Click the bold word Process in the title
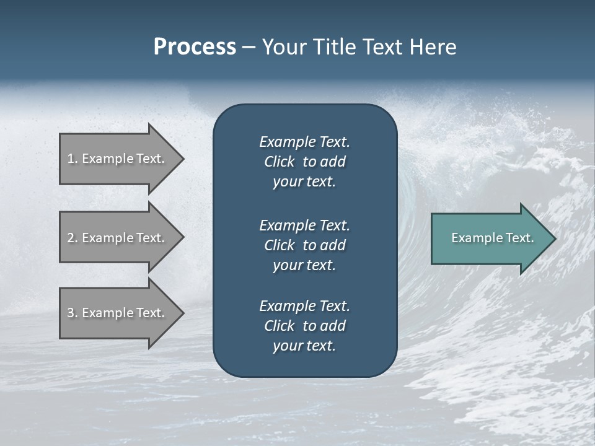(x=195, y=47)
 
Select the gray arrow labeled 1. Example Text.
(x=115, y=159)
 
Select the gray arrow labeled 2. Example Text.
(x=115, y=238)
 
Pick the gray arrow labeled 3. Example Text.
(x=115, y=313)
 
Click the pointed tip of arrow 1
(x=182, y=159)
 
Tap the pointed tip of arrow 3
(x=182, y=313)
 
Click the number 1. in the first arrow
(x=73, y=159)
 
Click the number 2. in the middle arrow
(x=73, y=238)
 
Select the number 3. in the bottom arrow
(x=73, y=313)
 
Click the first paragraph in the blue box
(x=304, y=162)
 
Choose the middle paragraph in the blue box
(x=304, y=245)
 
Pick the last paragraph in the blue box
(x=304, y=326)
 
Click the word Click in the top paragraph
(x=279, y=162)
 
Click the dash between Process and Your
(x=249, y=48)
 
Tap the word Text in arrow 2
(x=149, y=238)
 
